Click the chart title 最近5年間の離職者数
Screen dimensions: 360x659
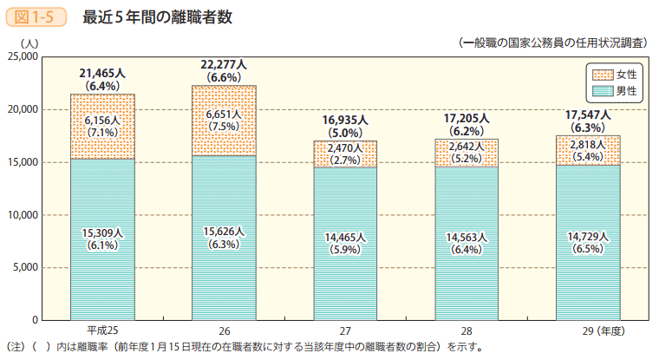click(x=157, y=16)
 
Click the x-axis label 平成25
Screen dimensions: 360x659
click(x=102, y=332)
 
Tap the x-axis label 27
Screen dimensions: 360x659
click(x=345, y=332)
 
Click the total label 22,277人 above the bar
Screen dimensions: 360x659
click(x=224, y=65)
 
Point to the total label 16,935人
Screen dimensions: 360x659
click(x=345, y=120)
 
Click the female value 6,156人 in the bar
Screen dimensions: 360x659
click(x=102, y=120)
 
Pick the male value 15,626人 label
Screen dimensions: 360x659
click(x=224, y=232)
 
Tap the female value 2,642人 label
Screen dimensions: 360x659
click(x=467, y=147)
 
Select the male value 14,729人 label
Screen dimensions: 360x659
click(x=588, y=237)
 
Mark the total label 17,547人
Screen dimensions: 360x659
click(x=588, y=115)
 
